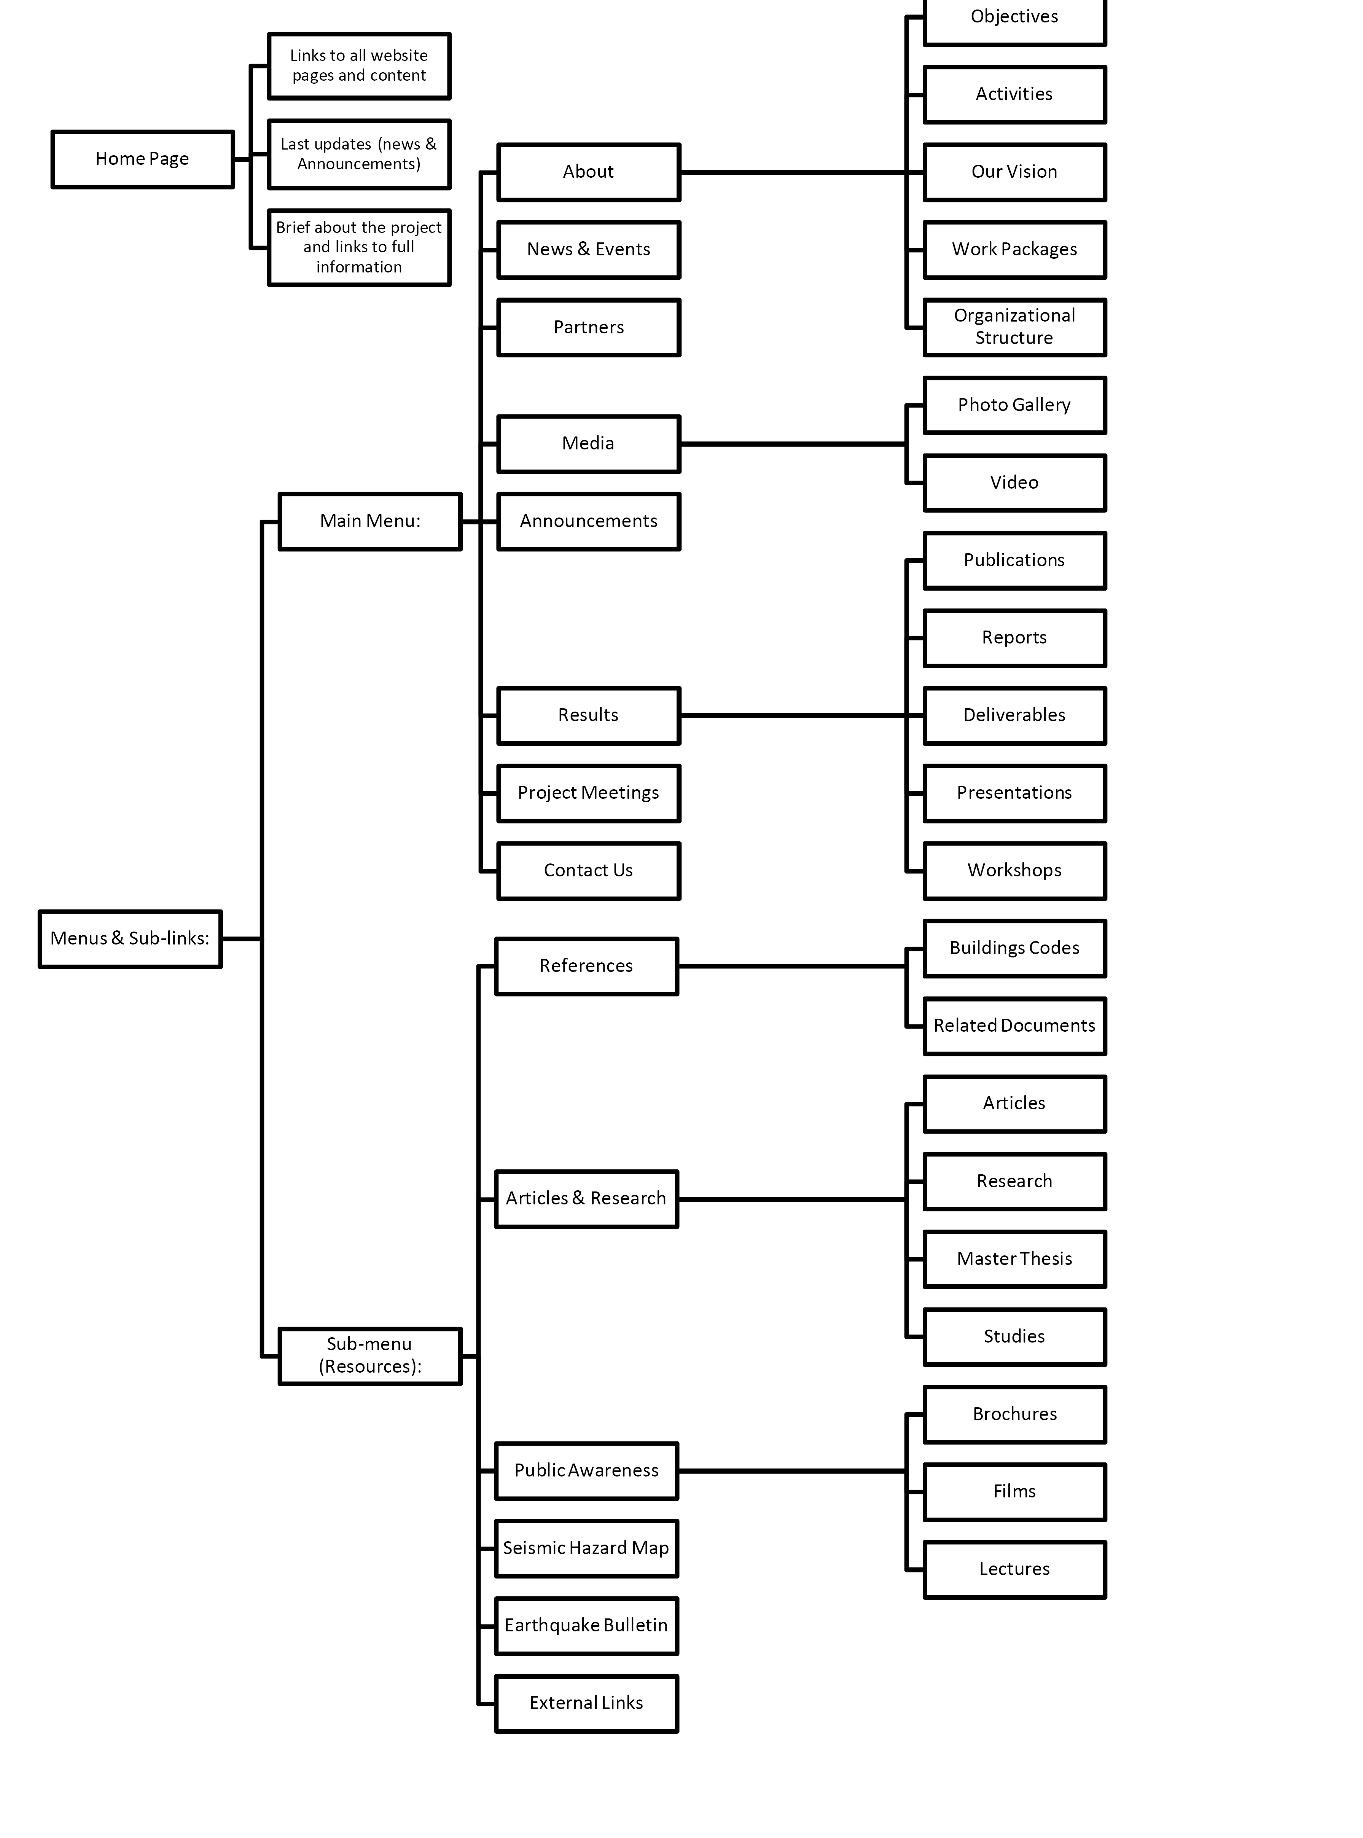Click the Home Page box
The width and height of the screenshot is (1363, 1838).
[x=143, y=159]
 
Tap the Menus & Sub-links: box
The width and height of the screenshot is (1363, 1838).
[x=131, y=939]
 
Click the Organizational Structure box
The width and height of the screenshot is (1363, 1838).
[x=1015, y=328]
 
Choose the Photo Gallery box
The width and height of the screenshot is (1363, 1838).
[x=1015, y=405]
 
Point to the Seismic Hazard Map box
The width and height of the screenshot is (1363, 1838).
[x=587, y=1548]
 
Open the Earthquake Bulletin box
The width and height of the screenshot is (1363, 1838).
[x=587, y=1626]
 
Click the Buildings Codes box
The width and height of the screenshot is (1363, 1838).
[x=1015, y=949]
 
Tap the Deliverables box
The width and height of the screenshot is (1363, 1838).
[x=1015, y=716]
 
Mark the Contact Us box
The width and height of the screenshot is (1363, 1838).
[x=589, y=871]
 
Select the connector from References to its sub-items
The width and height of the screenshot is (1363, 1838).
[x=792, y=966]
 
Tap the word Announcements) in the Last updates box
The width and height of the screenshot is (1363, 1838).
[x=359, y=164]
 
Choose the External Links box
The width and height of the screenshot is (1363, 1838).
[x=587, y=1704]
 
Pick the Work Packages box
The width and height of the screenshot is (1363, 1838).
[x=1015, y=250]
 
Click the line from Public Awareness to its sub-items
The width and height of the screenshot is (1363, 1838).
[x=792, y=1471]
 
